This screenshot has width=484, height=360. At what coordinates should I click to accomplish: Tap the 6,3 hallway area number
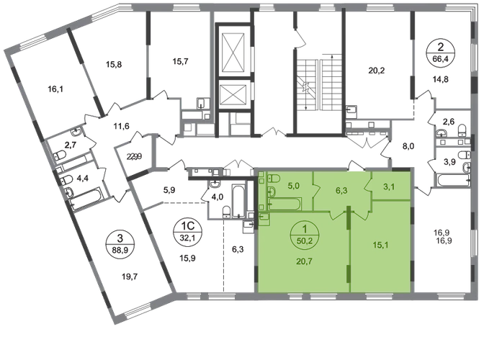(x=342, y=190)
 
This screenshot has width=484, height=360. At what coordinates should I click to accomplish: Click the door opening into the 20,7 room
(x=336, y=215)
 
